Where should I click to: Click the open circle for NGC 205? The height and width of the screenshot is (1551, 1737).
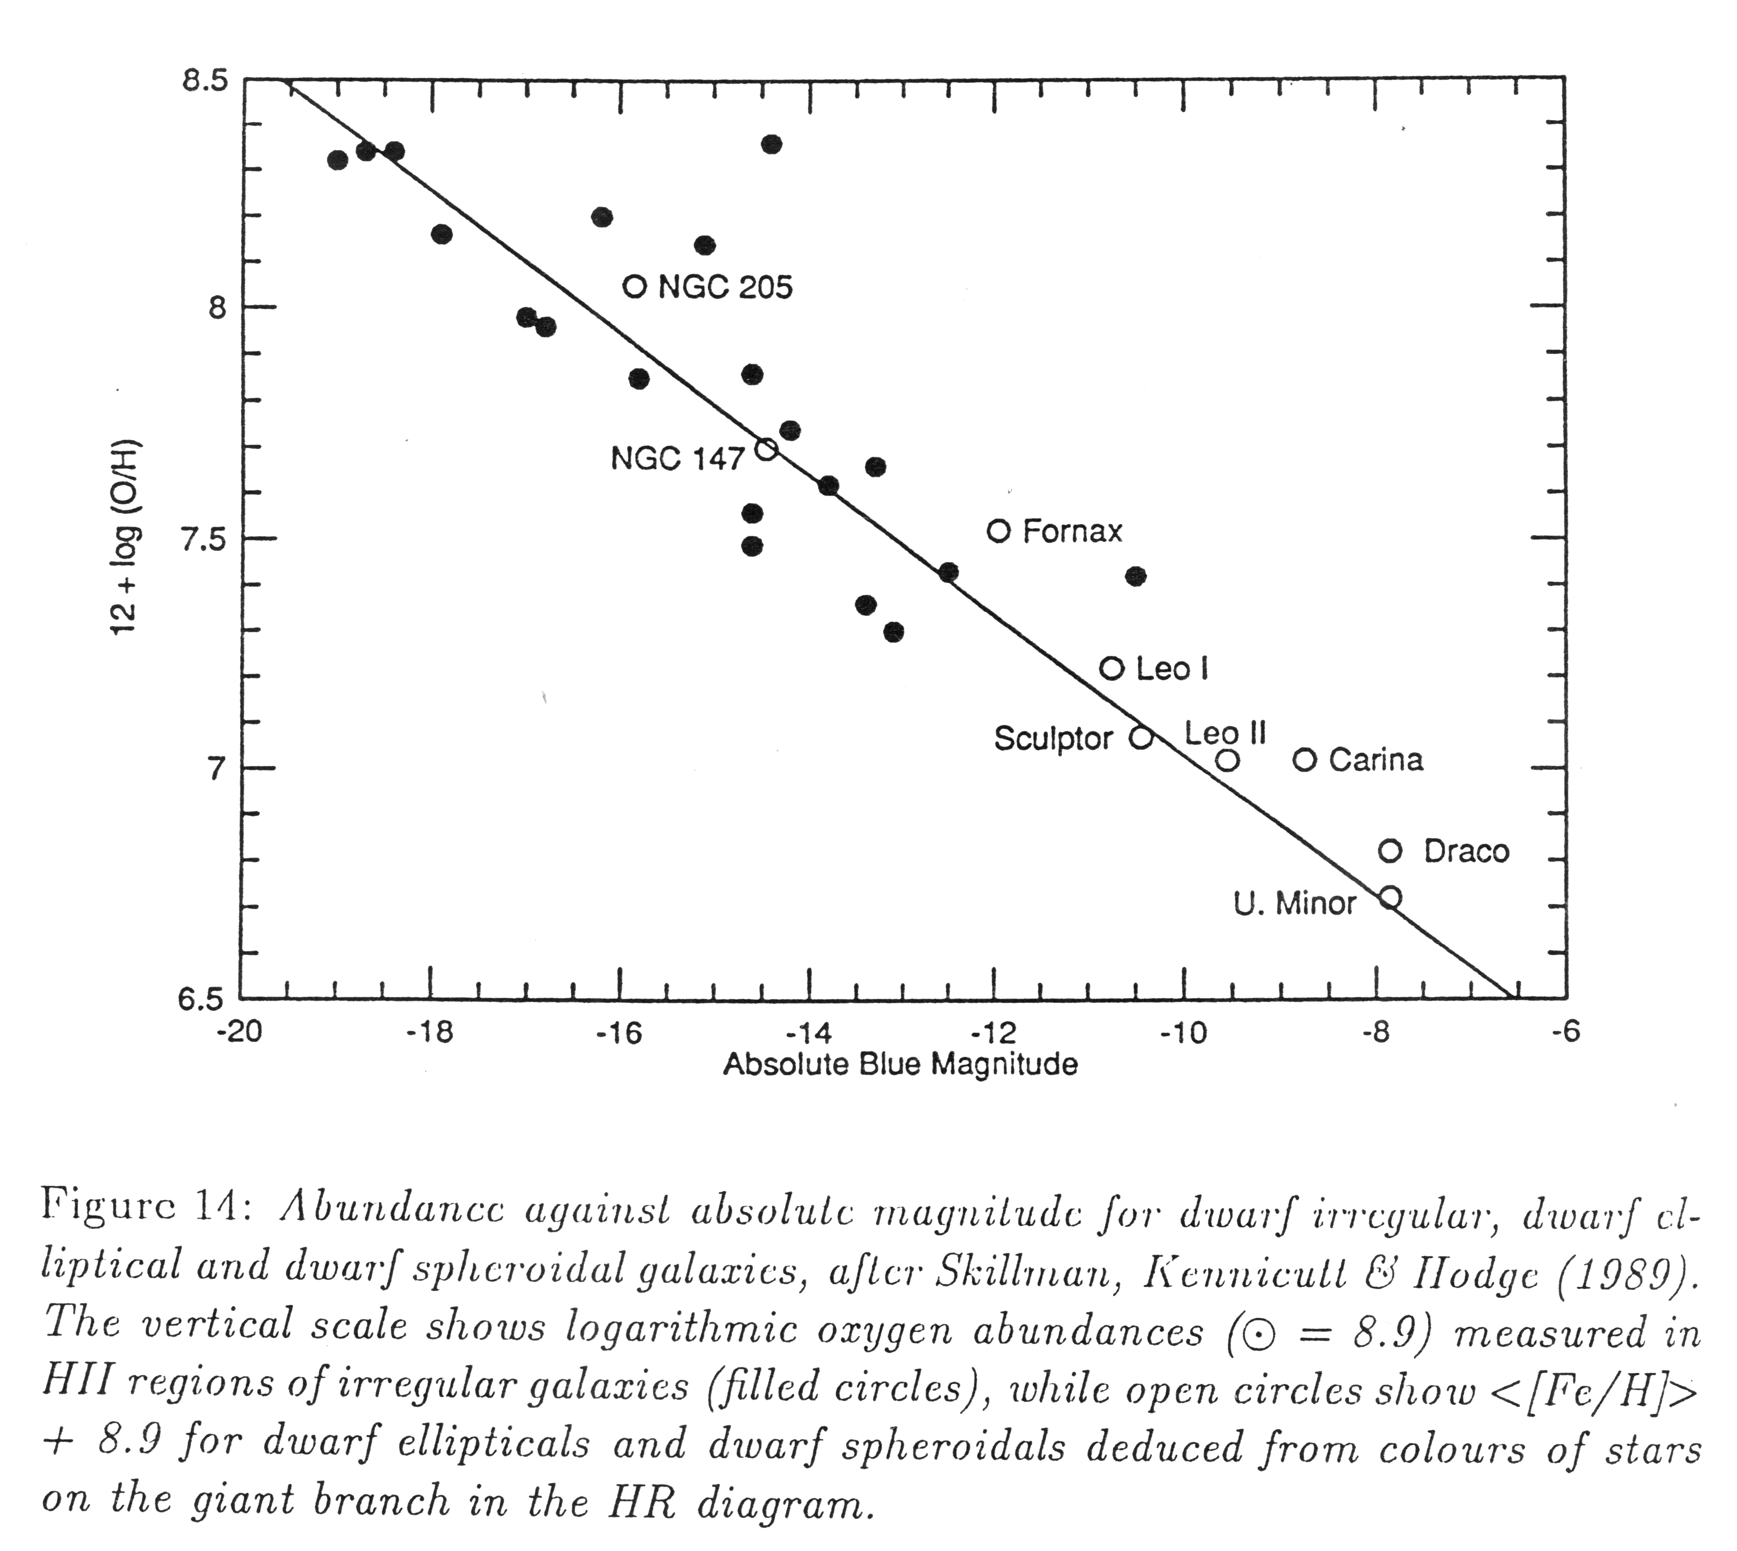click(634, 286)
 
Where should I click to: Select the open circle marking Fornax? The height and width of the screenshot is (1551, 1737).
click(999, 531)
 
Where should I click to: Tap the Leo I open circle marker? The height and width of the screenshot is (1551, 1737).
click(1111, 668)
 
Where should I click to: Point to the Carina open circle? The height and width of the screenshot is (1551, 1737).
click(1305, 759)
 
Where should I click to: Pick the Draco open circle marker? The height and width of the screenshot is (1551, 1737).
click(1390, 851)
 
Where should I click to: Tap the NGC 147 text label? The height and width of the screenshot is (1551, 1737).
click(677, 460)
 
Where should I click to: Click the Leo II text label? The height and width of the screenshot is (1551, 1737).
click(1225, 733)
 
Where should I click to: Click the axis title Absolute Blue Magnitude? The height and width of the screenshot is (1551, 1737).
click(900, 1064)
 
